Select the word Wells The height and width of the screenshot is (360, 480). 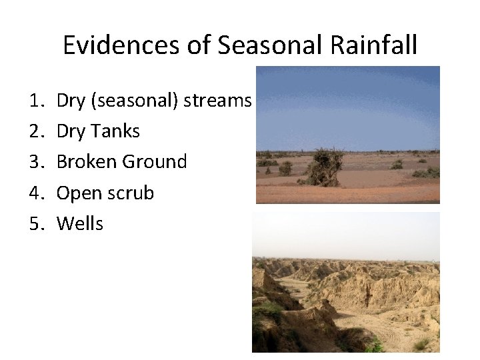[80, 223]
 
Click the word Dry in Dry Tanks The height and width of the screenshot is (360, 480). [71, 131]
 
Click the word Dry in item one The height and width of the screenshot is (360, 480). [71, 101]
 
